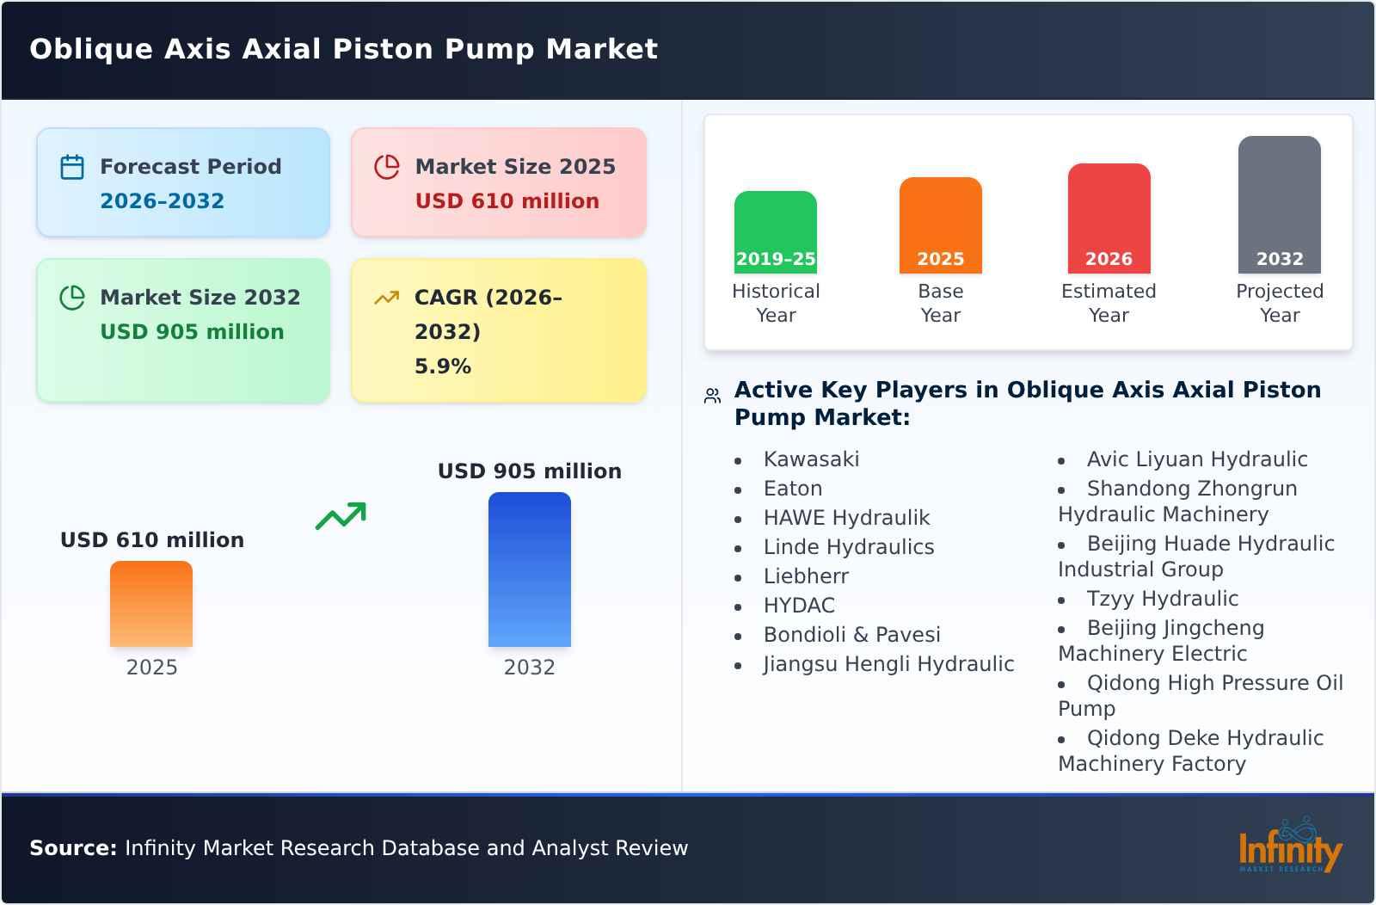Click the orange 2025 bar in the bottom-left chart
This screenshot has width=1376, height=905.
coord(151,604)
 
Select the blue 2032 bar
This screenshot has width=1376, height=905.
coord(529,569)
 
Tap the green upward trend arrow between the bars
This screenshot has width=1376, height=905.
coord(341,516)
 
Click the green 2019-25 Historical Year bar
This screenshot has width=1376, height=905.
coord(775,231)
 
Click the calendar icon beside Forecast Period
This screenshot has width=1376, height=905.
coord(72,167)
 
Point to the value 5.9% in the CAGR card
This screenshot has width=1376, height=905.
coord(442,366)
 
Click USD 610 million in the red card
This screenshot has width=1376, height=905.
coord(507,201)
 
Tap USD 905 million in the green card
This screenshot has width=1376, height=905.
coord(192,332)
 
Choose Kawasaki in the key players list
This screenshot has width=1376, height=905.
coord(811,459)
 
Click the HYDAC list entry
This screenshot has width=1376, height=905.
coord(799,606)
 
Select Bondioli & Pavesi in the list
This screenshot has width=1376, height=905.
coord(851,635)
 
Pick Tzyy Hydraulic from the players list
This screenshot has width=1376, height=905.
coord(1162,599)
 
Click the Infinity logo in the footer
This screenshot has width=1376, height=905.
coord(1290,847)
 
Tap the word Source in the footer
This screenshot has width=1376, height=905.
coord(72,848)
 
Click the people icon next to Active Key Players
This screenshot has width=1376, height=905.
coord(712,396)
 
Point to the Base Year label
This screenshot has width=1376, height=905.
coord(940,303)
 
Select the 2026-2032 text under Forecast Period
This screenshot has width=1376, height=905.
coord(162,201)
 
